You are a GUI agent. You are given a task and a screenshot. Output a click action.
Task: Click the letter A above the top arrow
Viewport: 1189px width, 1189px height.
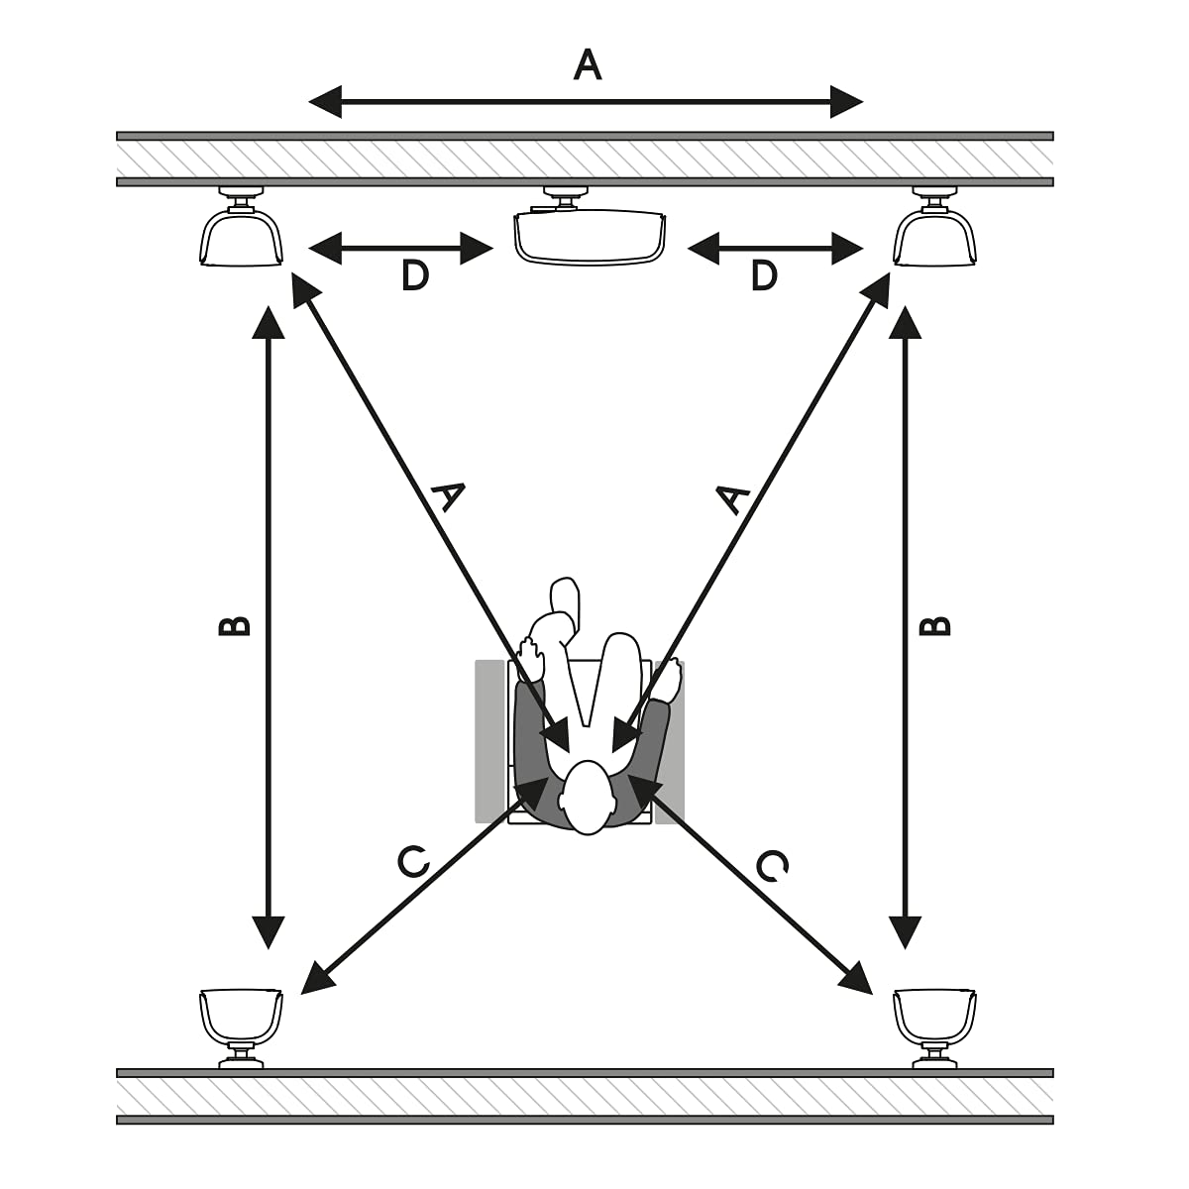pos(587,65)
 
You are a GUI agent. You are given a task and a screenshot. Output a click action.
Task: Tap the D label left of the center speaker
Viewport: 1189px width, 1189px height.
pos(414,275)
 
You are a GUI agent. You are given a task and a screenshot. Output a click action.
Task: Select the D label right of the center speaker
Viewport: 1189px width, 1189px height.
pos(764,275)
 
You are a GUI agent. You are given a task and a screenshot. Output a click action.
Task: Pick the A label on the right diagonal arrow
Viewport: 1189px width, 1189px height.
pos(732,498)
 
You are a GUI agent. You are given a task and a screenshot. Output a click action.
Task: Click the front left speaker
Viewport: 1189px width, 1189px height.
pos(241,229)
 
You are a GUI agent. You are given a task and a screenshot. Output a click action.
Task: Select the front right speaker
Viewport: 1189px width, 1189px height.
pos(934,229)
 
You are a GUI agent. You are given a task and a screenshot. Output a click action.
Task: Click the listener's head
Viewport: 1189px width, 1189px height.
pos(588,798)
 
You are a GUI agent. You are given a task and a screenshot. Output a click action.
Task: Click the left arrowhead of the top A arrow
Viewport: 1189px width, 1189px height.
pos(325,102)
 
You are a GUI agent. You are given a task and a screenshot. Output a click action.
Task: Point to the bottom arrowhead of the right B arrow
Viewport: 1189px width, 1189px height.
pos(906,932)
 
